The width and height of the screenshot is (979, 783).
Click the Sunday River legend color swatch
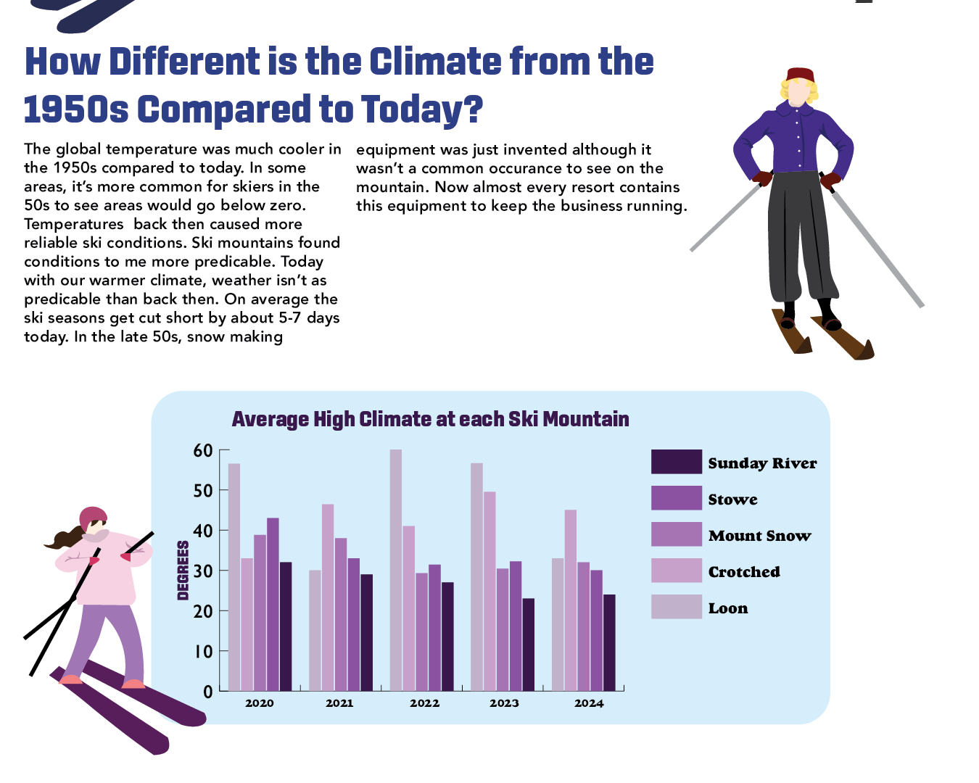click(676, 462)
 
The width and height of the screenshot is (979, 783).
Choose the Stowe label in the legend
click(732, 500)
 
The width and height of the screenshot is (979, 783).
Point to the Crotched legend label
click(744, 572)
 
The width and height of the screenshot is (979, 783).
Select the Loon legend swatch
click(676, 607)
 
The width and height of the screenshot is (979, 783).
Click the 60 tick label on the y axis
click(203, 450)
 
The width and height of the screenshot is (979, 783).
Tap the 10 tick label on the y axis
click(203, 651)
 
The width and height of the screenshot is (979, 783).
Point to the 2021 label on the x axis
click(339, 703)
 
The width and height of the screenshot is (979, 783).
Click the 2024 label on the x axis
click(589, 703)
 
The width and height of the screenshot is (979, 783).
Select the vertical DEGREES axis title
click(183, 571)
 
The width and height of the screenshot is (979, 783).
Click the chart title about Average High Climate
click(430, 419)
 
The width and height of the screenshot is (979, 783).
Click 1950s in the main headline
click(76, 109)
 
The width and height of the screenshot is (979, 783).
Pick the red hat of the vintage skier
click(800, 75)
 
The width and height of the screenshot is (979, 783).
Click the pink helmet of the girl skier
click(92, 517)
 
